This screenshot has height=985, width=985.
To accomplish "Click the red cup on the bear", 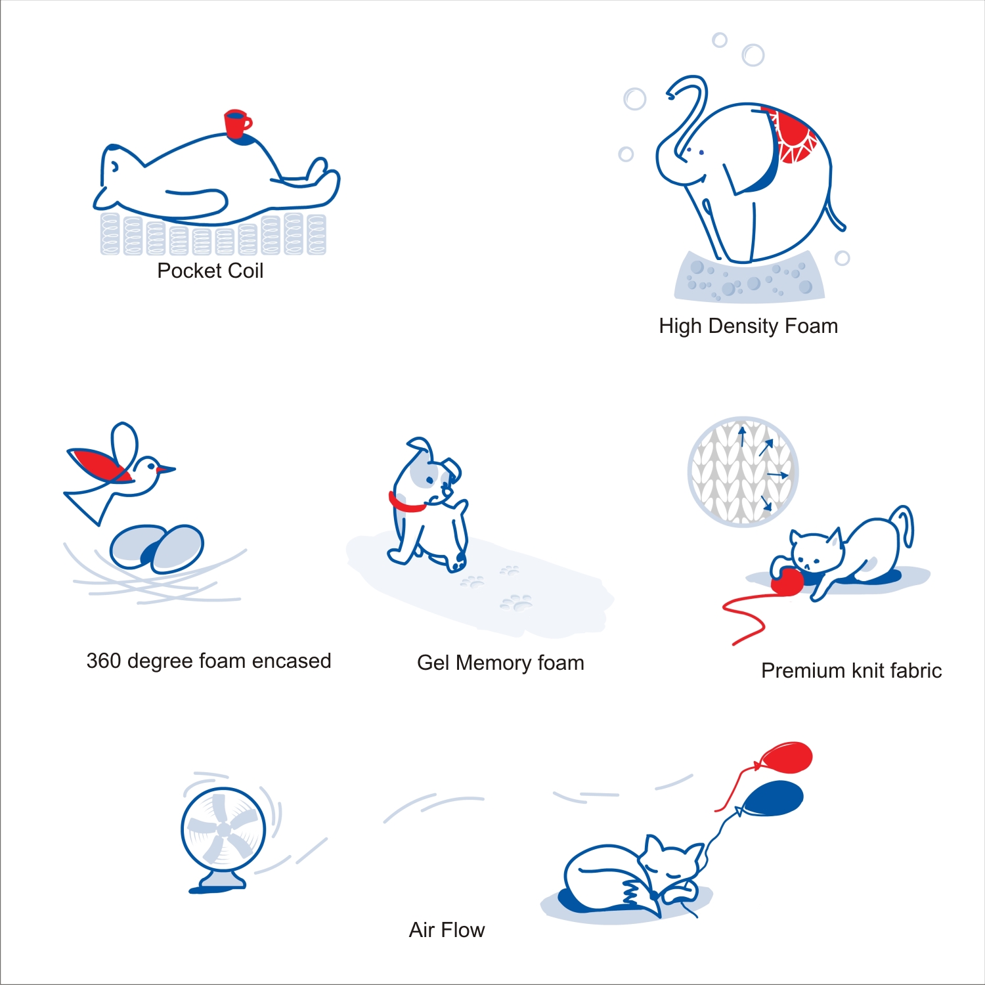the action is click(236, 123).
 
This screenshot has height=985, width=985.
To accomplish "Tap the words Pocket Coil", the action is click(210, 271).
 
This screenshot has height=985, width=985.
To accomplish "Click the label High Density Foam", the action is click(749, 326).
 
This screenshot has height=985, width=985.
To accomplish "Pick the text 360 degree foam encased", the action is click(209, 661).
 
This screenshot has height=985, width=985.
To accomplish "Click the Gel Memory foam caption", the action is click(500, 663).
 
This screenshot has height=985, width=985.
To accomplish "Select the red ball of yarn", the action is click(787, 582).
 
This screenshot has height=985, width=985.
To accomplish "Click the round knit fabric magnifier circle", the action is click(743, 471).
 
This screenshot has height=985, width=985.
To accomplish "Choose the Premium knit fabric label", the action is click(852, 670).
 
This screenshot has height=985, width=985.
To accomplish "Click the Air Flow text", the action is click(447, 930).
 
